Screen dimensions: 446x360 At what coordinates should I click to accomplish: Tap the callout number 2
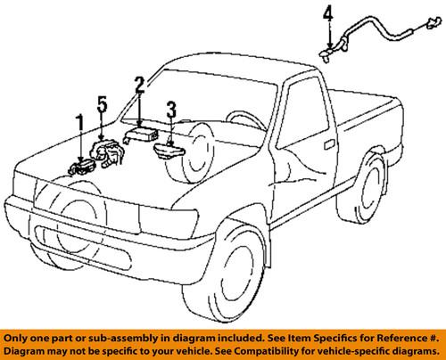point(139,86)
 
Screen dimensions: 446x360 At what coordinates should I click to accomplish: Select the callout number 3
point(171,110)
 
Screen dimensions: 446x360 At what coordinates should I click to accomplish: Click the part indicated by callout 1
point(81,168)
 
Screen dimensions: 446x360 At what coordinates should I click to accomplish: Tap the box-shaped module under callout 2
point(141,135)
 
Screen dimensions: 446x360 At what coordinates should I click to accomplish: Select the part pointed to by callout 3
point(169,151)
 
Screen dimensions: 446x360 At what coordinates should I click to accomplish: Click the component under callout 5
point(106,153)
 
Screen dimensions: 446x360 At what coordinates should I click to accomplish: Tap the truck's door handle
point(329,144)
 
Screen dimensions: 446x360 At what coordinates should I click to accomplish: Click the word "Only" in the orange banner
point(14,338)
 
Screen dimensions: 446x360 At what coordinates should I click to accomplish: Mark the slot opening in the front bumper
point(83,247)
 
